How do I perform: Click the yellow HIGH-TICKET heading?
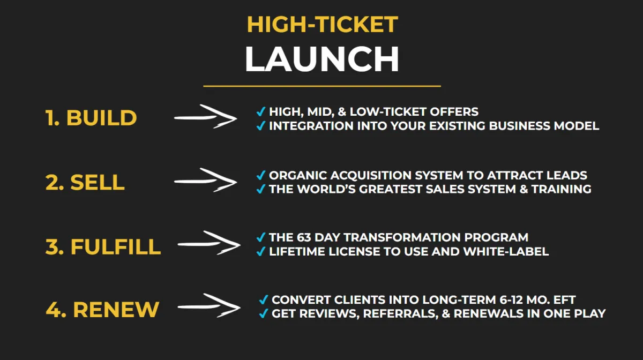323,25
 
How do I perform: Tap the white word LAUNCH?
322,59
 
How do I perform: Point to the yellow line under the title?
322,86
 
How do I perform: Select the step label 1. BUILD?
91,118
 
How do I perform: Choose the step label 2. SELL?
85,182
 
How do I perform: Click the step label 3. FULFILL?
103,246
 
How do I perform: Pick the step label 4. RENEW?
102,310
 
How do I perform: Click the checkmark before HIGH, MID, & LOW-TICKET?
260,111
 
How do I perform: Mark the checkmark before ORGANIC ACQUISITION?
260,175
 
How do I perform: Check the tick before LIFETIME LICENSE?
260,251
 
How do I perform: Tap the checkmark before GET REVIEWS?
263,313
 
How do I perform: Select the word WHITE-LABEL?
506,251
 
